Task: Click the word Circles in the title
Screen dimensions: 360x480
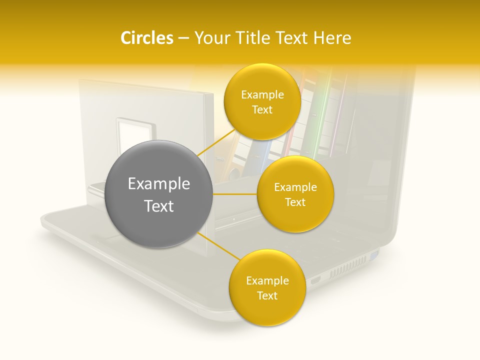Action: click(x=146, y=38)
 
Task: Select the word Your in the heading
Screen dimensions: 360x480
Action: click(x=209, y=38)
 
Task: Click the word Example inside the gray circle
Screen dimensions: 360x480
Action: click(x=159, y=184)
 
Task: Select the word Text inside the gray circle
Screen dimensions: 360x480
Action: click(x=159, y=206)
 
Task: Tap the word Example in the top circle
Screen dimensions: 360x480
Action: click(x=262, y=95)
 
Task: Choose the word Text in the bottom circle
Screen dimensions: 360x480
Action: click(x=267, y=296)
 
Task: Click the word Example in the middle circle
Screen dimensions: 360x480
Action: click(x=295, y=187)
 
